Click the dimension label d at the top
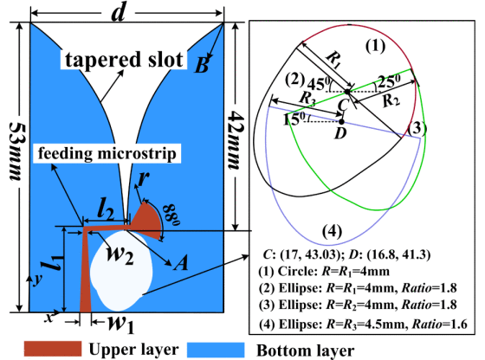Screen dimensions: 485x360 [119, 13]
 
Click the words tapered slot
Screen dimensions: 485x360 [124, 60]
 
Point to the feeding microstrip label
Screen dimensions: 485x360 [107, 153]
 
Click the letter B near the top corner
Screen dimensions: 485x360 [202, 66]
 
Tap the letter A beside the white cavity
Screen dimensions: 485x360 [181, 264]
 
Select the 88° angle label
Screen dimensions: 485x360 [171, 215]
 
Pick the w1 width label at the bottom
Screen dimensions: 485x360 [121, 325]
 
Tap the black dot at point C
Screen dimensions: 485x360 [347, 92]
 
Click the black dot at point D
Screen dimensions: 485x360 [341, 122]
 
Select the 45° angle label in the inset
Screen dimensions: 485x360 [320, 84]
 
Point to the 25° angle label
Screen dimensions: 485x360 [389, 81]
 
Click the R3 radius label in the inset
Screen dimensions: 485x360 [307, 99]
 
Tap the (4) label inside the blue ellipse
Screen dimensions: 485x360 [332, 231]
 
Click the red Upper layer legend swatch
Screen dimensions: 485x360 [53, 349]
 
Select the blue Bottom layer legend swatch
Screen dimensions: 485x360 [216, 350]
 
